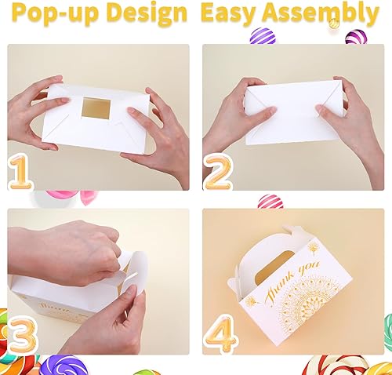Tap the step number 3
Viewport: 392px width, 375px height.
coord(22,333)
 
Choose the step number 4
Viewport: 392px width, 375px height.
coord(221,333)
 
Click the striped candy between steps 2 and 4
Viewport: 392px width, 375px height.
coord(269,201)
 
